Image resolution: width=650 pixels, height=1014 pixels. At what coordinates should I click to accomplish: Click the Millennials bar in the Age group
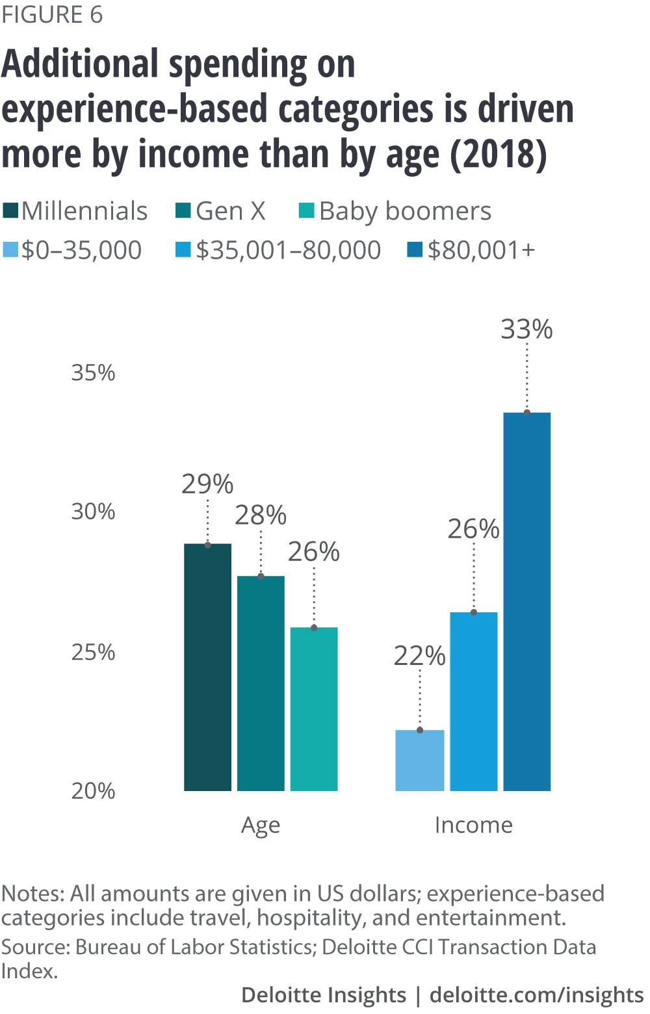tap(207, 667)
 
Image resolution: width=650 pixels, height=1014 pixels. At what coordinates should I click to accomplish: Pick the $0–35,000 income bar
tap(420, 760)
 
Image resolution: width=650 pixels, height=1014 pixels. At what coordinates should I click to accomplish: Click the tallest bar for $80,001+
tap(527, 601)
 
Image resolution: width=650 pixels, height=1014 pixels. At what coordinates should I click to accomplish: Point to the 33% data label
tap(526, 330)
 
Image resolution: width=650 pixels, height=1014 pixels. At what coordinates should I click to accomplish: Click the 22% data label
tap(420, 656)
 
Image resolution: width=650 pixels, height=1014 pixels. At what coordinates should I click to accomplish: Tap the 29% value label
tap(207, 484)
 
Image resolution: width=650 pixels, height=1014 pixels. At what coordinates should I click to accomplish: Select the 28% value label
tap(261, 515)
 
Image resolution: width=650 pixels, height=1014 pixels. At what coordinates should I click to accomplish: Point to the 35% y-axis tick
tap(93, 373)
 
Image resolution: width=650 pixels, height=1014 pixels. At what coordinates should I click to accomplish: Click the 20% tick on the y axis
tap(93, 791)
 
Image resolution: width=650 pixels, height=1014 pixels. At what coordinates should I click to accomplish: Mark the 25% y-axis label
tap(93, 652)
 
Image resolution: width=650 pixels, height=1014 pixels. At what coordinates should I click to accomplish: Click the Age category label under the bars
tap(261, 825)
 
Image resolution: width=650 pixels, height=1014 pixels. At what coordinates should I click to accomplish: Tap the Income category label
tap(474, 825)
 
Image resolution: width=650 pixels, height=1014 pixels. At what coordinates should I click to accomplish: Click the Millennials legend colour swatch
tap(10, 211)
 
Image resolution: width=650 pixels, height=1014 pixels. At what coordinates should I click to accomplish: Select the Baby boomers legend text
tap(405, 211)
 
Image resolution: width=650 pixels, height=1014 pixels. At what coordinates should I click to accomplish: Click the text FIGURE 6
tap(52, 14)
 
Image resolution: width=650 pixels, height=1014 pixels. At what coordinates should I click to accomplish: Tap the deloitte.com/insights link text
tap(537, 995)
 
